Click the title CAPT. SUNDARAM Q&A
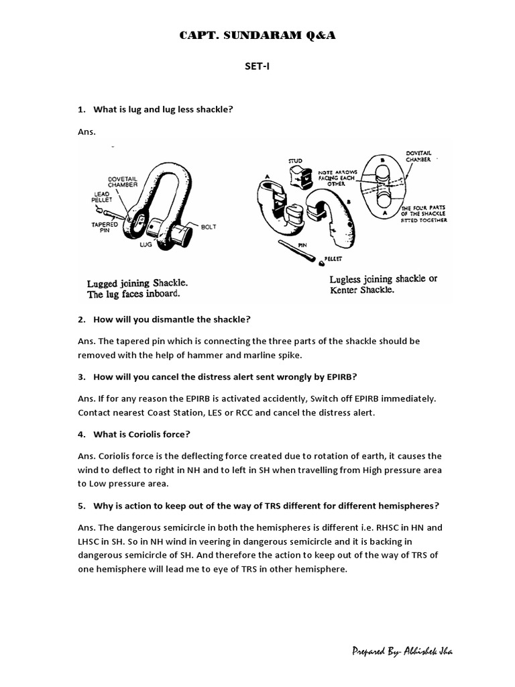(x=257, y=36)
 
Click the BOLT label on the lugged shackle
(x=209, y=227)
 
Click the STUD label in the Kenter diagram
(x=295, y=161)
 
